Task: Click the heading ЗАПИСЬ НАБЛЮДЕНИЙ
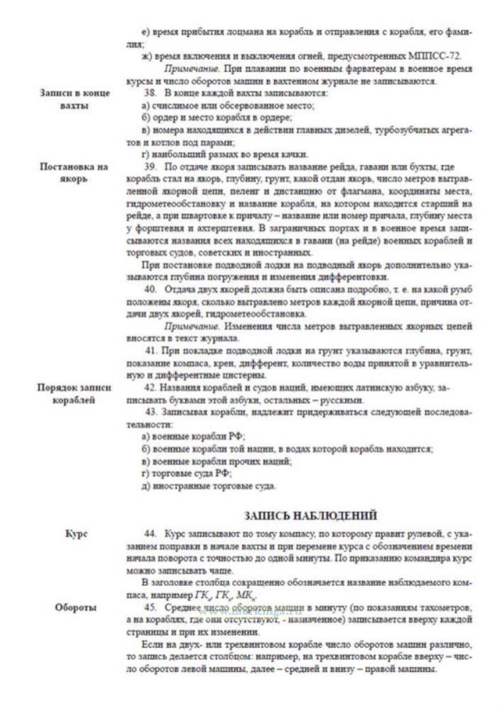click(x=311, y=515)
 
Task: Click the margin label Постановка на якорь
click(x=74, y=172)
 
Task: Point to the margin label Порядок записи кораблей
click(x=74, y=392)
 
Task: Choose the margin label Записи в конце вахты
click(x=74, y=98)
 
